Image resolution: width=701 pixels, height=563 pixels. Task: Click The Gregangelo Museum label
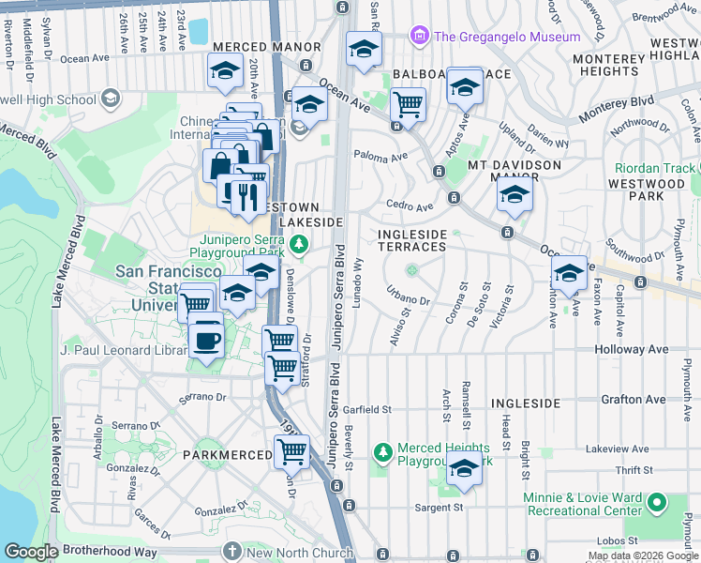[x=507, y=37]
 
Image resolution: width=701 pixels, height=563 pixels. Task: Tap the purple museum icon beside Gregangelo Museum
[x=419, y=37]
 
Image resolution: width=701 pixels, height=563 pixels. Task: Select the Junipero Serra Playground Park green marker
[x=298, y=246]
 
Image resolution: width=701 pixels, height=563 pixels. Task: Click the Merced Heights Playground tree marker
[x=382, y=453]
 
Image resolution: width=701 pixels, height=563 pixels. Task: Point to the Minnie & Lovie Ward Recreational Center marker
[x=657, y=504]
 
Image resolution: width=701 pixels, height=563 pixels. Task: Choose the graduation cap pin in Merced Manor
[x=225, y=71]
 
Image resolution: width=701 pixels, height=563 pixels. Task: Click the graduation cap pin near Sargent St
[x=464, y=469]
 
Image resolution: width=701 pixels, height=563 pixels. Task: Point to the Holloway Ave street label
[x=630, y=349]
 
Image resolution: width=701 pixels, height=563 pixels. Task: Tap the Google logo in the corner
[x=31, y=552]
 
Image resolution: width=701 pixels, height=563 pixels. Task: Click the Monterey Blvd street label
[x=615, y=100]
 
